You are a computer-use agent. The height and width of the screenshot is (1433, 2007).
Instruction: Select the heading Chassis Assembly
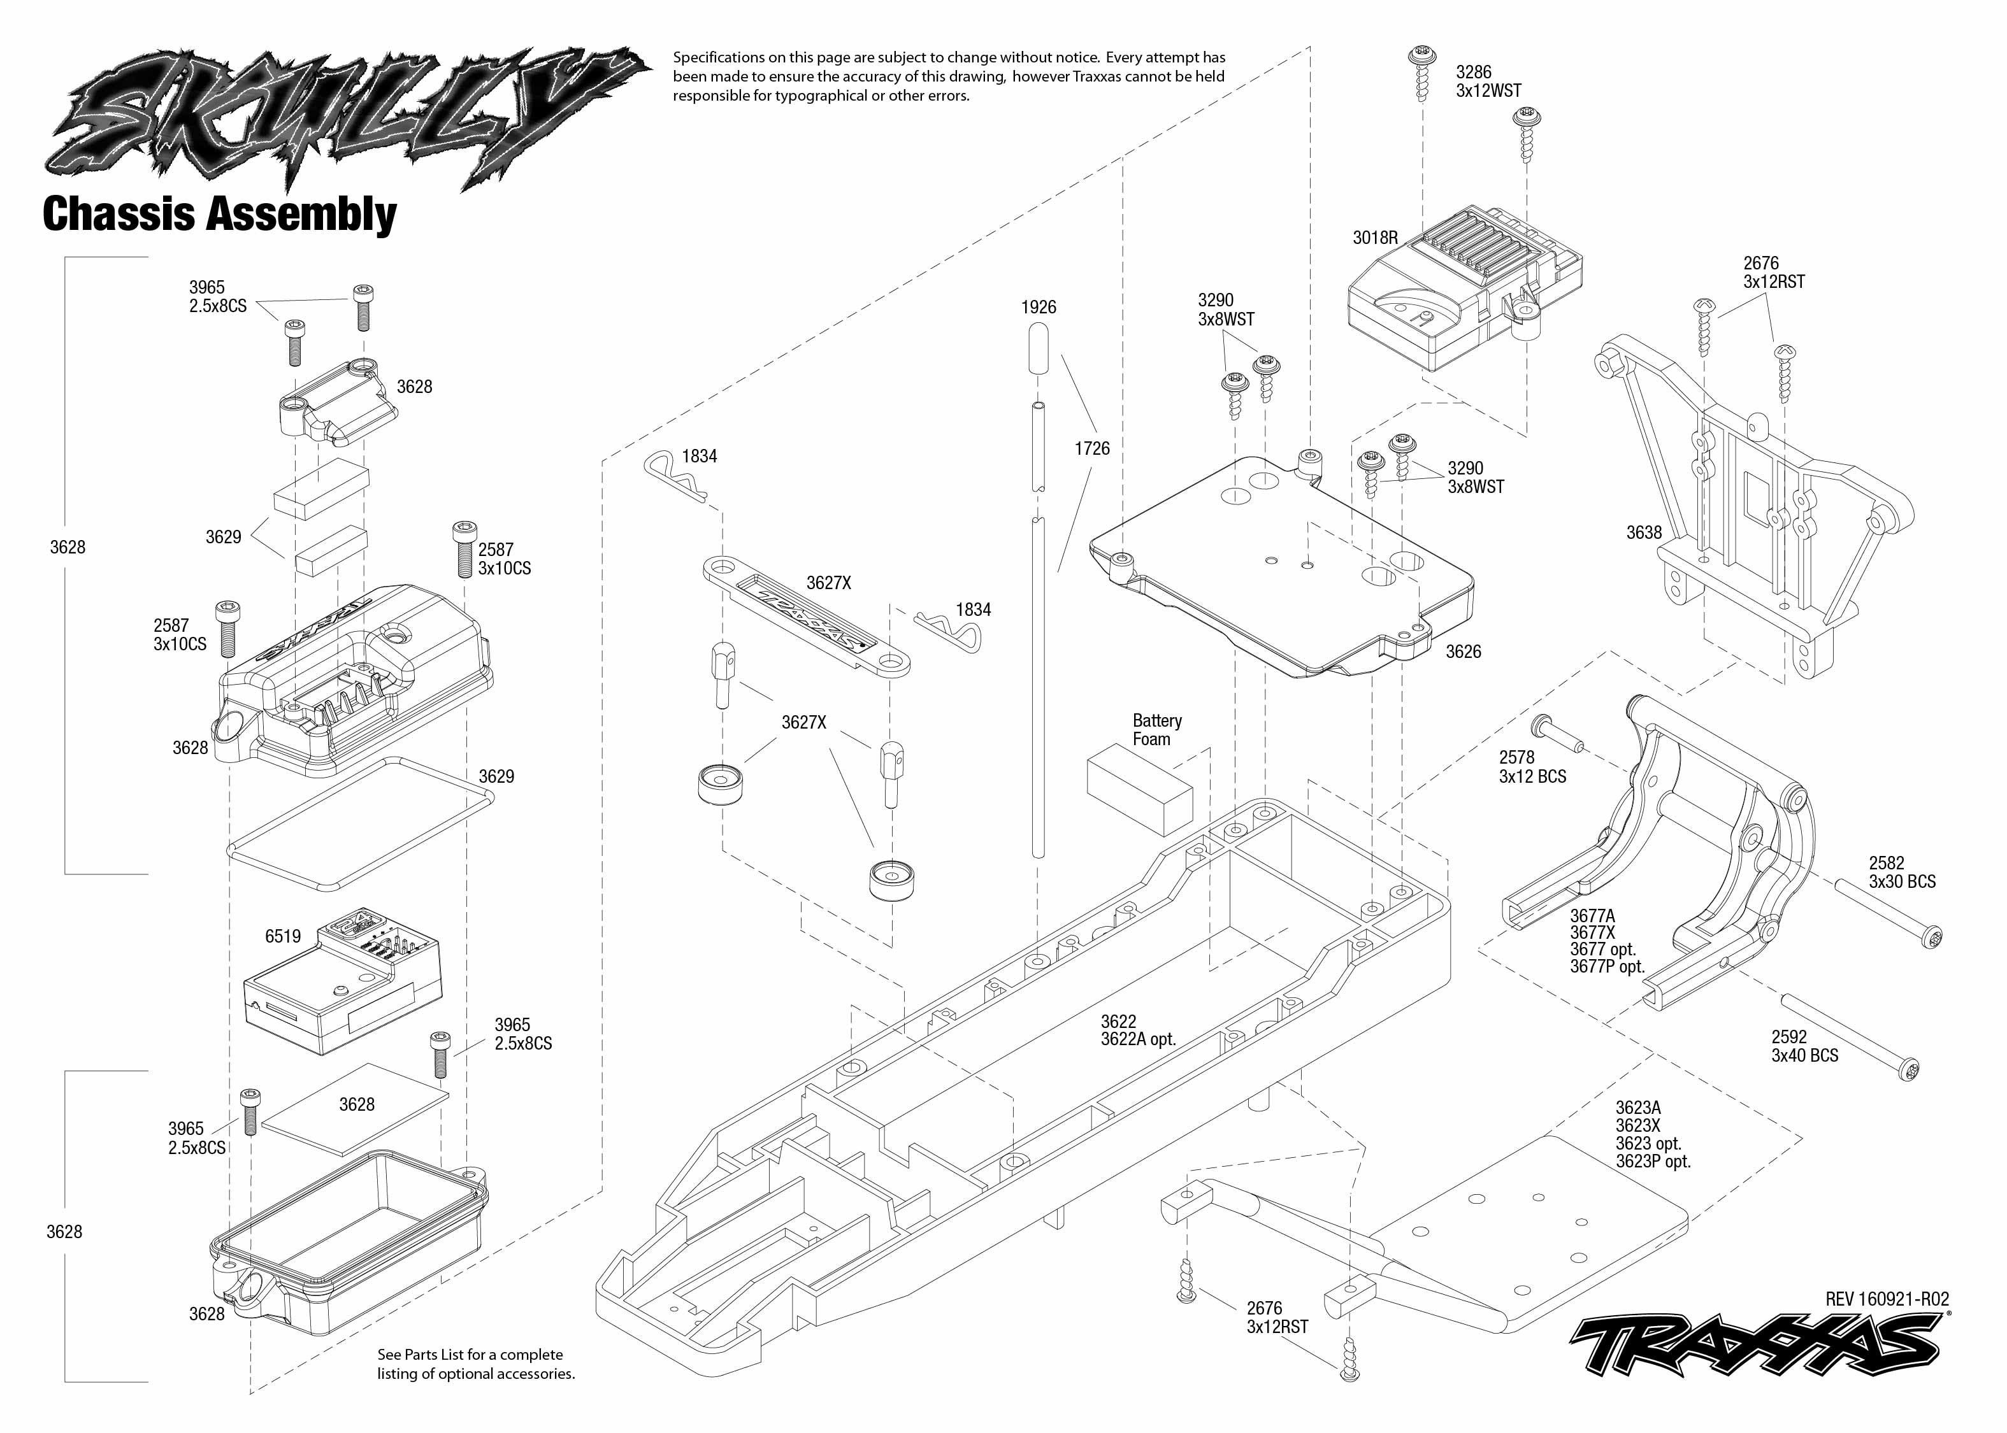point(220,215)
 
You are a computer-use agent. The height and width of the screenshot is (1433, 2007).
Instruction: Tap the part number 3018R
point(1375,238)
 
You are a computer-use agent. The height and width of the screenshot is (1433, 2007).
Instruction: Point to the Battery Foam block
point(1139,788)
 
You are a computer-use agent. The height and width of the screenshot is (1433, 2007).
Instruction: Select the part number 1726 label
point(1092,449)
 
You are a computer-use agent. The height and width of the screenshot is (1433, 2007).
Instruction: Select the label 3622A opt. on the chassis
point(1138,1039)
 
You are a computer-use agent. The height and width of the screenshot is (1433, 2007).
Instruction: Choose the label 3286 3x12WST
point(1488,81)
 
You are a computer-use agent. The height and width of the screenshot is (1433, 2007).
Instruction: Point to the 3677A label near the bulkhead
point(1592,916)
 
